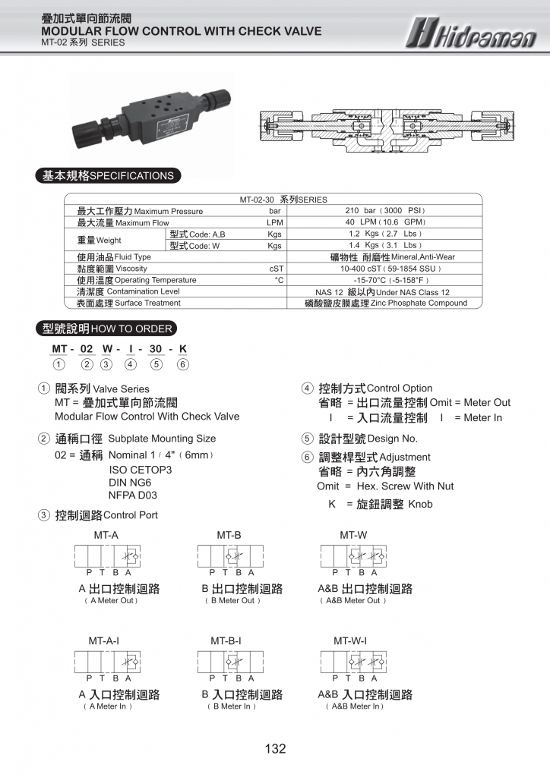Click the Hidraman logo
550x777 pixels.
tap(471, 32)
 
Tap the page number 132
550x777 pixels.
tap(275, 749)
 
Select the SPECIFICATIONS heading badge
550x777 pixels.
tap(108, 176)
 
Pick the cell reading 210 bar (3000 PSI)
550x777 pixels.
tap(385, 211)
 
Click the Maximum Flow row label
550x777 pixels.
tap(123, 223)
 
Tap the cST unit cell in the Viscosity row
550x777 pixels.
tap(276, 269)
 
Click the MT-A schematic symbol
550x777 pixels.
tap(106, 556)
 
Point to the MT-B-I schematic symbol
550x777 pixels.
tap(229, 662)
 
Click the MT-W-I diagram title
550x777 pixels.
tap(350, 641)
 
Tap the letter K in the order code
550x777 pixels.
tap(182, 349)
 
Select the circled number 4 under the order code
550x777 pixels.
tap(131, 364)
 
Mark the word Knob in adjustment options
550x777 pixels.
tap(420, 504)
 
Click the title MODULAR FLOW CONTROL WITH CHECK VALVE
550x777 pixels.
tap(182, 31)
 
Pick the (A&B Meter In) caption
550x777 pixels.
tap(355, 706)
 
